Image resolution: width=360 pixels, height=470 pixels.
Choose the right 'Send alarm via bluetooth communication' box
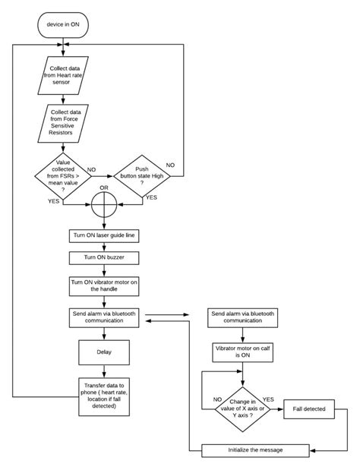point(242,317)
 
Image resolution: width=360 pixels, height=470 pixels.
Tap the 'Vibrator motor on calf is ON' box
point(242,351)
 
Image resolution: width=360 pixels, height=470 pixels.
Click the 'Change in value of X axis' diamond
point(242,410)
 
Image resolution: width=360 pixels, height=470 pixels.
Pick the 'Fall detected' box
point(309,410)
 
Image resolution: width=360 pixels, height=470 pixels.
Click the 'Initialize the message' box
point(255,449)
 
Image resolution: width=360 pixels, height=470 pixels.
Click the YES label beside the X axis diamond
point(269,398)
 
